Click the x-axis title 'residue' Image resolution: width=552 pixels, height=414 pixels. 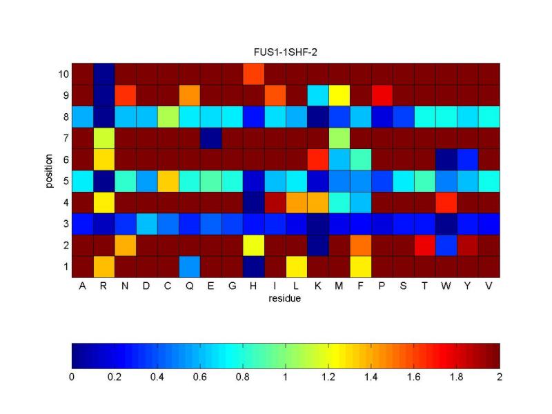tap(286, 301)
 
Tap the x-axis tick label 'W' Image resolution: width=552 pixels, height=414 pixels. tap(446, 286)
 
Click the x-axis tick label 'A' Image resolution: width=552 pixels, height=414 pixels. tap(82, 286)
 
